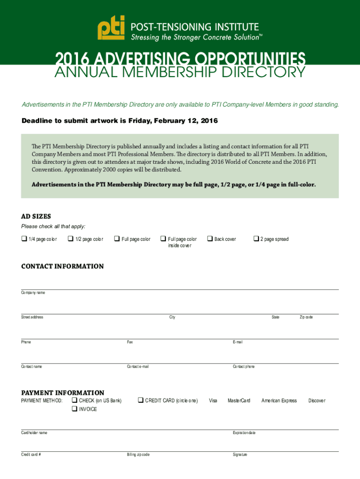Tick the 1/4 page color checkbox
click(x=24, y=239)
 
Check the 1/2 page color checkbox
click(x=70, y=239)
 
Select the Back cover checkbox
click(x=210, y=239)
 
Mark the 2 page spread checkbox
click(x=256, y=239)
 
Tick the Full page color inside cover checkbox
click(x=163, y=239)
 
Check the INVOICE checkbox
click(x=74, y=409)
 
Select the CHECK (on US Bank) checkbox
click(x=74, y=400)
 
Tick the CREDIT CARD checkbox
click(x=140, y=400)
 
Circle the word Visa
click(x=213, y=401)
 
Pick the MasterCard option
click(x=239, y=401)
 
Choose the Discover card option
click(x=317, y=401)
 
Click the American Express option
click(x=279, y=401)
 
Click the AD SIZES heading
click(x=36, y=217)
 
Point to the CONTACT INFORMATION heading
click(x=63, y=266)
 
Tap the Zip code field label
click(x=306, y=317)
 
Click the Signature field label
click(x=240, y=455)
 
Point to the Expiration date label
click(x=244, y=433)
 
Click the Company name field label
click(x=33, y=292)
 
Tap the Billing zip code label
click(x=138, y=455)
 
